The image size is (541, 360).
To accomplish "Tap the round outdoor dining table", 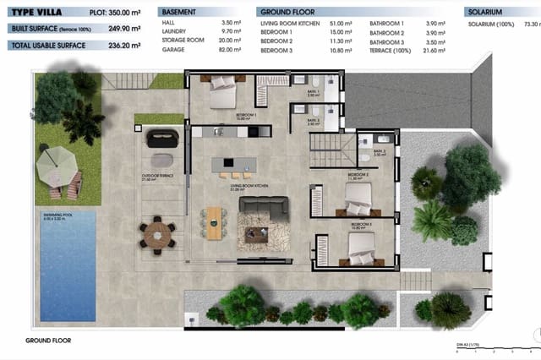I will click(156, 234).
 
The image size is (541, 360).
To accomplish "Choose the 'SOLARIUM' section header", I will click(486, 14).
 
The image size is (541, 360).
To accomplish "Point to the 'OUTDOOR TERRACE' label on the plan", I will click(158, 177).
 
